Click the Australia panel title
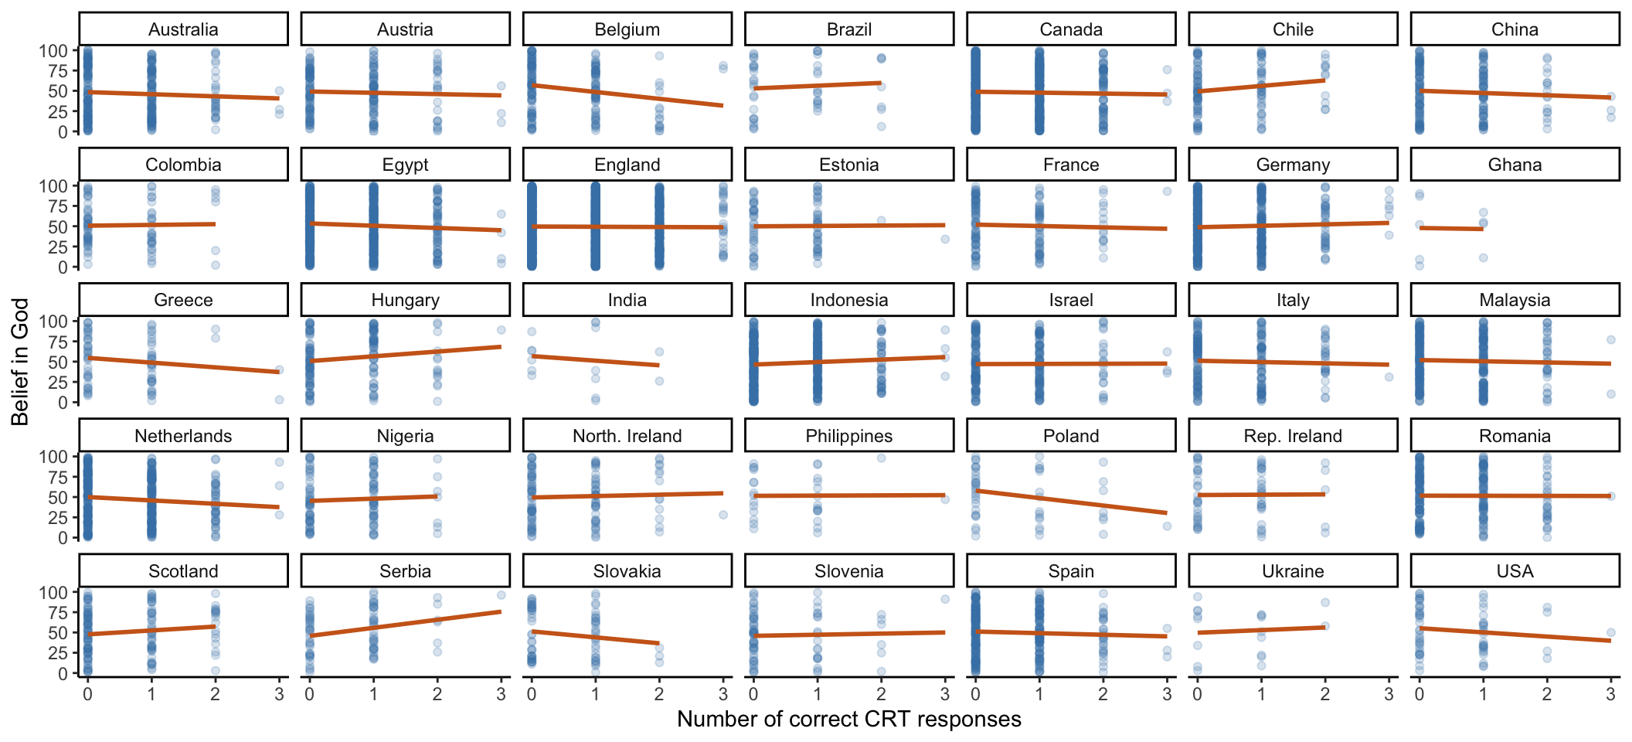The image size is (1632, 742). coord(183,29)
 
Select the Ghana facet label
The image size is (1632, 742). coord(1515,165)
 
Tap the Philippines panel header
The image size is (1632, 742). coord(848,436)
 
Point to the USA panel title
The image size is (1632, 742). coord(1515,571)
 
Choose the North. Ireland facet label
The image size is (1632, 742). coord(627,436)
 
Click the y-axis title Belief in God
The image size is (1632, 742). coord(20,362)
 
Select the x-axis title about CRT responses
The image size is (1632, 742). coord(848,719)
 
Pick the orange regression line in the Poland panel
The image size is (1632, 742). coord(1071,502)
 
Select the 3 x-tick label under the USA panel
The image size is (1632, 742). coord(1610,694)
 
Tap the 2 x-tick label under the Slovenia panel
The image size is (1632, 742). coord(881,694)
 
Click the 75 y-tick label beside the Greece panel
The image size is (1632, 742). coord(59,342)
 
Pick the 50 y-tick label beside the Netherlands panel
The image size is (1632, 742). coord(59,497)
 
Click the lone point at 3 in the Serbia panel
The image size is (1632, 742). coord(501,595)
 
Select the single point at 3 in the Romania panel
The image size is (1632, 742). coord(1610,496)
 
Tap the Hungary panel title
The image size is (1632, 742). coord(405,300)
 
